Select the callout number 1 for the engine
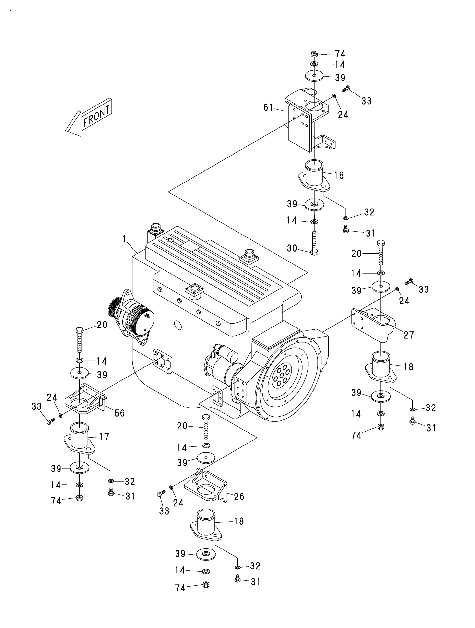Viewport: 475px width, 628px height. [x=124, y=239]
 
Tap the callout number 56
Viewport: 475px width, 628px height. [x=119, y=413]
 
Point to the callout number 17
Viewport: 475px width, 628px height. [x=104, y=437]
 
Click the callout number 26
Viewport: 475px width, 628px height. [x=239, y=496]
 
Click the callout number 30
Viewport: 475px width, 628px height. [x=292, y=249]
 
